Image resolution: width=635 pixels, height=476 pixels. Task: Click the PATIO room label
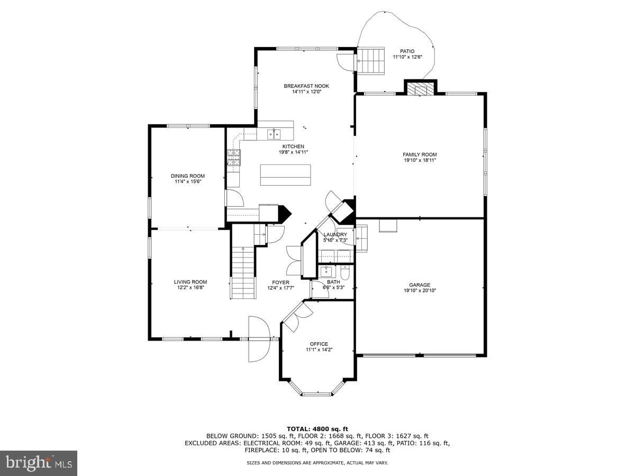pos(407,51)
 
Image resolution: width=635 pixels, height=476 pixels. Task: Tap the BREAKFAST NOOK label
pos(306,86)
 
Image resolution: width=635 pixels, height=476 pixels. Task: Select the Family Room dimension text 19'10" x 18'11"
pos(420,160)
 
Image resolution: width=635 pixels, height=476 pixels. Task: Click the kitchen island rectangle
pos(285,175)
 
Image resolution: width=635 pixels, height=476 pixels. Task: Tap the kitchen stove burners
pos(234,158)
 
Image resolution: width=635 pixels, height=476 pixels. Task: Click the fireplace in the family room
pos(420,89)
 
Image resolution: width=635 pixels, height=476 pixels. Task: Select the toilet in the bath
pos(345,272)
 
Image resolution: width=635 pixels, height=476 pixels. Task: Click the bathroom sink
pos(326,272)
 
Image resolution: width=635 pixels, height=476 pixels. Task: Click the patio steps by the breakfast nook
pos(370,61)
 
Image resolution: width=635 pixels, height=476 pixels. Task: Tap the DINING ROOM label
pos(188,176)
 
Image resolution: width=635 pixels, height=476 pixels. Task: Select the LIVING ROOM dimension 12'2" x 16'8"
pos(190,287)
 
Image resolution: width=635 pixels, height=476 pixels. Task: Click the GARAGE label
pos(420,285)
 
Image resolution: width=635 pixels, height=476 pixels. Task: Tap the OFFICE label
pos(319,344)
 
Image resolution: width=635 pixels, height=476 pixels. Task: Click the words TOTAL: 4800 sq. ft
pos(317,429)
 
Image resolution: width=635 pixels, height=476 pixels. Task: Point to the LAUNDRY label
pos(335,234)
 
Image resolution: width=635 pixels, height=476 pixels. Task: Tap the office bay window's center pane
pos(317,393)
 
